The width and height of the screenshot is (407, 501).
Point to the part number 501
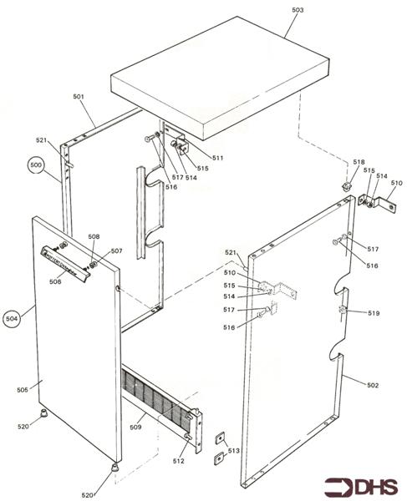[x=79, y=97]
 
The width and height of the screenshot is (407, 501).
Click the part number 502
[x=373, y=385]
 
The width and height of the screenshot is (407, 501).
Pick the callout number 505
[x=23, y=390]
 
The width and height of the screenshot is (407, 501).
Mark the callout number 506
[x=55, y=282]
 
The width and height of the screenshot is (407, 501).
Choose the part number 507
[x=117, y=250]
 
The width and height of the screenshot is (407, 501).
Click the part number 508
[x=94, y=237]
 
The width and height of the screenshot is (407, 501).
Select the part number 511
[x=217, y=157]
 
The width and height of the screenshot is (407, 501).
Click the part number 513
[x=232, y=450]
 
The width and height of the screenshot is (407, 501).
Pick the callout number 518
[x=359, y=162]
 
